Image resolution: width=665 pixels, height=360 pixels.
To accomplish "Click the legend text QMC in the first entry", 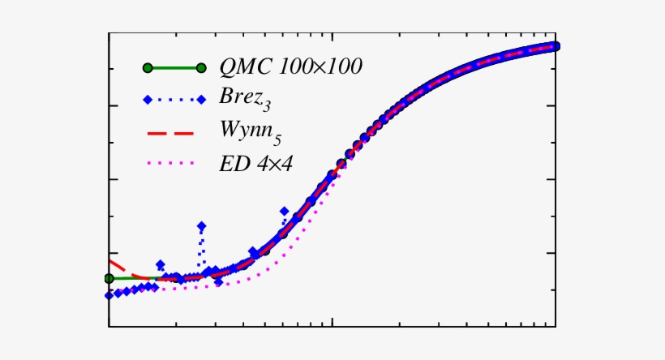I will (x=244, y=67).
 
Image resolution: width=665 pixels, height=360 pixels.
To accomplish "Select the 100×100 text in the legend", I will (x=315, y=67).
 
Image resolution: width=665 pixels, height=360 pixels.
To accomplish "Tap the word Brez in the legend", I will (x=238, y=100).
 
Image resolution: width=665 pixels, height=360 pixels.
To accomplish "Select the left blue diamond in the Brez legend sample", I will (x=147, y=101).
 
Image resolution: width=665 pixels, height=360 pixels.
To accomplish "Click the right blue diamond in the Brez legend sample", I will (x=200, y=101).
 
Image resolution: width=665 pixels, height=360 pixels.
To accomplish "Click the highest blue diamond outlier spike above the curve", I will (x=201, y=225).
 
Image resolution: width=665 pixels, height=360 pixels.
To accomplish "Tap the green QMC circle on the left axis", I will (x=109, y=278).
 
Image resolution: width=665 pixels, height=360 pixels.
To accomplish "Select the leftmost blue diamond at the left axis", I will (x=109, y=295).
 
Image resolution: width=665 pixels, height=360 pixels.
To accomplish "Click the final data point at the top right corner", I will (x=556, y=45).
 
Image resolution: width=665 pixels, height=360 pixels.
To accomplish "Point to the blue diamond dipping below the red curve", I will (x=219, y=281).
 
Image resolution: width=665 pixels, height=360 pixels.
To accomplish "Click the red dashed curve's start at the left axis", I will (x=111, y=262).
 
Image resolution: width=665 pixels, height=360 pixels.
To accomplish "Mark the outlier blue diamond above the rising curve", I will (x=284, y=211).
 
